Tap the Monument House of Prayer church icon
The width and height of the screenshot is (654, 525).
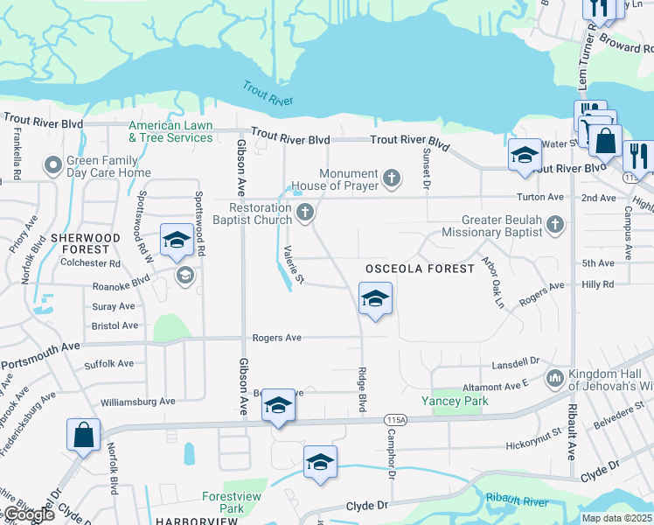[x=393, y=179]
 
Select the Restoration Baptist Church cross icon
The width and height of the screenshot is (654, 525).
[x=305, y=212]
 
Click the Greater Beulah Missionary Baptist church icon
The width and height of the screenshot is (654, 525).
[x=553, y=227]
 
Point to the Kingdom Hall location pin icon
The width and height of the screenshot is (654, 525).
[x=554, y=379]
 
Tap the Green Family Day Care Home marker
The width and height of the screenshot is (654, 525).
[x=54, y=164]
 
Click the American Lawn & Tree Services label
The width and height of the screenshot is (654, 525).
[x=170, y=132]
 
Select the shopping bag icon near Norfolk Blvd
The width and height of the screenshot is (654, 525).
[x=83, y=434]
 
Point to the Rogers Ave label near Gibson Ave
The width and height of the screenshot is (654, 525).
[x=276, y=338]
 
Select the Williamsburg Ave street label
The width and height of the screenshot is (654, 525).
[x=138, y=402]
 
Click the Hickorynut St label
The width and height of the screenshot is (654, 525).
[x=532, y=445]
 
